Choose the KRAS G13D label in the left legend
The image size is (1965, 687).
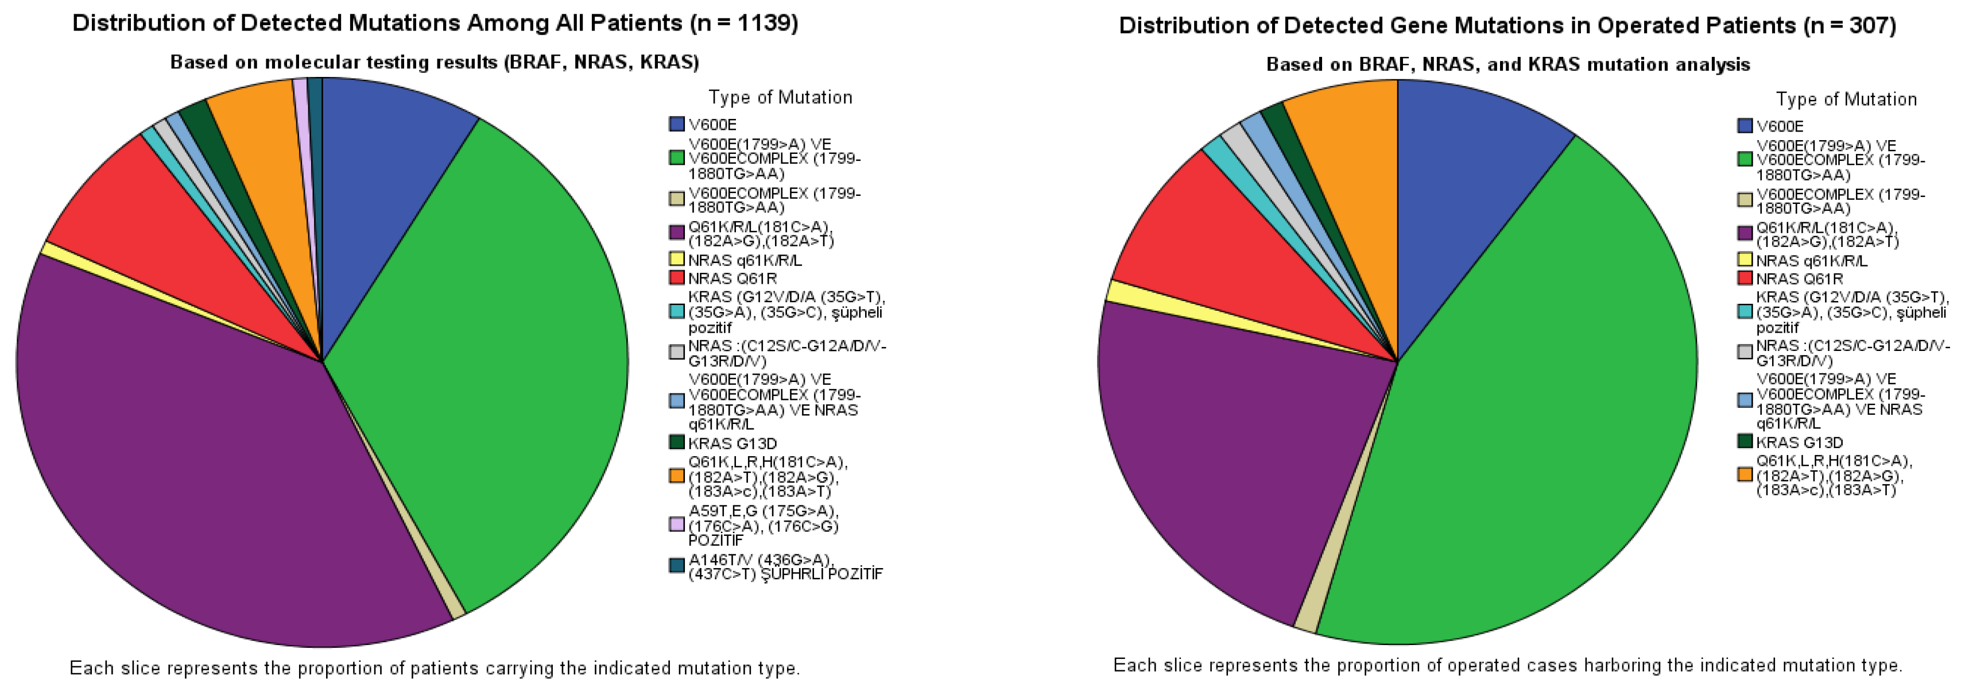click(x=732, y=443)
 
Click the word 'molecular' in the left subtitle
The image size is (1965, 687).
click(x=301, y=63)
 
